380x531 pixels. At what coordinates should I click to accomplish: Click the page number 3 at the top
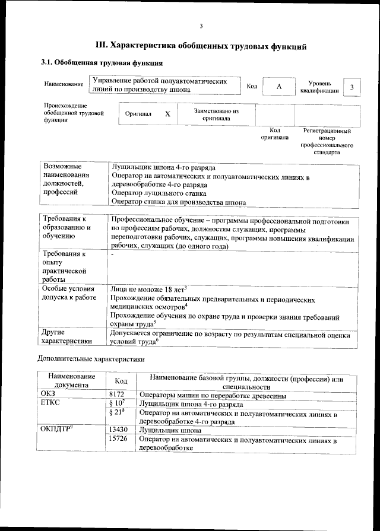[x=201, y=26]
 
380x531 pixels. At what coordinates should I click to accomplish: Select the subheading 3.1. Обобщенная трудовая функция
[x=102, y=63]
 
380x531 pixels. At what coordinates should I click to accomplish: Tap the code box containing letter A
[x=278, y=87]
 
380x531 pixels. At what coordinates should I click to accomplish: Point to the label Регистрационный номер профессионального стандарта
[x=328, y=141]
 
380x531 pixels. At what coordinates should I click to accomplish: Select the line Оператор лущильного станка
[x=159, y=193]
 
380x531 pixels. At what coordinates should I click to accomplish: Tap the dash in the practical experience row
[x=113, y=255]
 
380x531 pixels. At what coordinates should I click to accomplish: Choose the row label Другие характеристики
[x=66, y=336]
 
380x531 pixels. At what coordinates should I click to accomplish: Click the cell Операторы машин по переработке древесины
[x=213, y=395]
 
